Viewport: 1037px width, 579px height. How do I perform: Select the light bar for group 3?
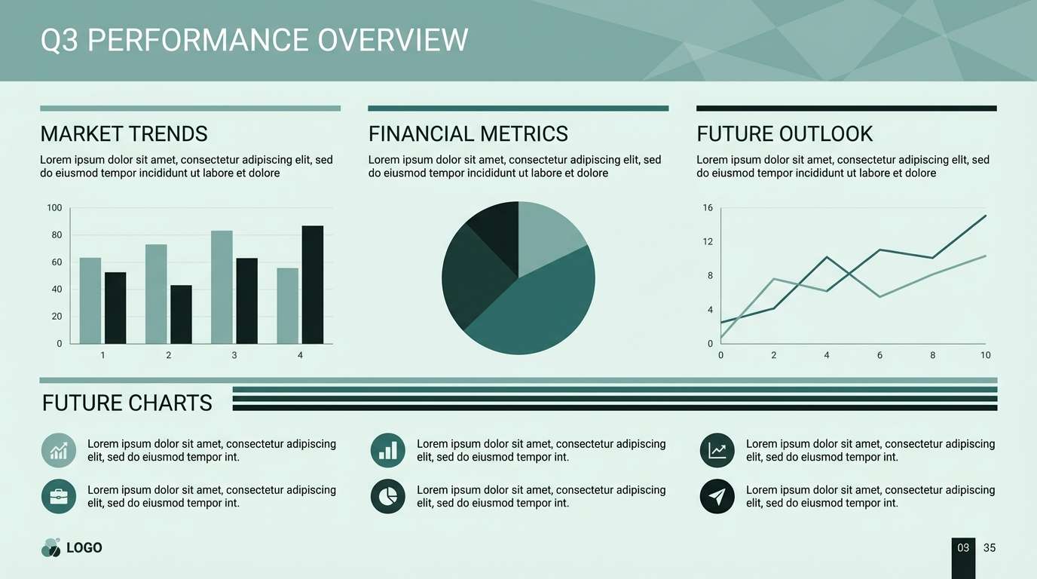coord(222,287)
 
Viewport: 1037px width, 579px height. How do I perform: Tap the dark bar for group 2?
coord(181,314)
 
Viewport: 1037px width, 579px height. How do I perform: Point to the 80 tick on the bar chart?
coord(57,235)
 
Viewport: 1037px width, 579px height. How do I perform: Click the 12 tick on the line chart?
coord(708,242)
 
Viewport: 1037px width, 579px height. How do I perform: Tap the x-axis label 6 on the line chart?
coord(879,355)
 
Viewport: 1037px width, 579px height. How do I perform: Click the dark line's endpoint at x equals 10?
coord(985,216)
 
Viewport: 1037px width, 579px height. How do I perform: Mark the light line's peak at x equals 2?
coord(774,280)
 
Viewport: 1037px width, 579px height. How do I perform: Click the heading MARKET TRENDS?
coord(124,134)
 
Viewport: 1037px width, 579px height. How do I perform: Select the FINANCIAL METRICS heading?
coord(468,134)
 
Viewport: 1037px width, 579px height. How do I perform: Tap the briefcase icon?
coord(59,496)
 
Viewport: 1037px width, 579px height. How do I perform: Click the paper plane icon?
coord(717,496)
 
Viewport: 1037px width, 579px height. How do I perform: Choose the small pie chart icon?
coord(388,496)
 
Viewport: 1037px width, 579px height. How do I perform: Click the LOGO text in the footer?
coord(84,548)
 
